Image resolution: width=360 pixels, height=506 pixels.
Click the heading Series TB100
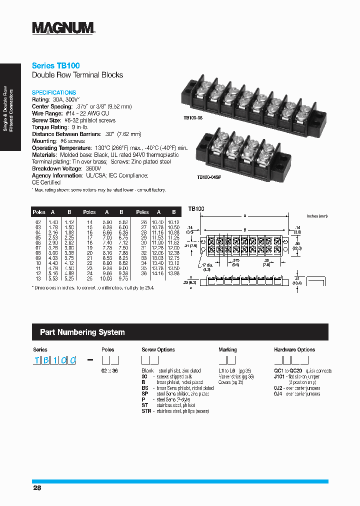(x=55, y=65)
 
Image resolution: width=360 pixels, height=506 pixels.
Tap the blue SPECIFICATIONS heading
(x=54, y=92)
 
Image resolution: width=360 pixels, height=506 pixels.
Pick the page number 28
(x=36, y=487)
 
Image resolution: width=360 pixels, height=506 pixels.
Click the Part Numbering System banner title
(x=82, y=332)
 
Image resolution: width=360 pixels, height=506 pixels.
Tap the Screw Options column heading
(x=158, y=349)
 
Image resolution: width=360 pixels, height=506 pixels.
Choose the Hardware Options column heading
(x=294, y=349)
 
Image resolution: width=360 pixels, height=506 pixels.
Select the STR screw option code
(x=146, y=411)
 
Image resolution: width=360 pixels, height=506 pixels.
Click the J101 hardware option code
(x=279, y=376)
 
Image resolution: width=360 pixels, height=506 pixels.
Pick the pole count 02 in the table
(x=38, y=222)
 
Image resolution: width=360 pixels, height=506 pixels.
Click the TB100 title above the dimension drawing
(x=196, y=208)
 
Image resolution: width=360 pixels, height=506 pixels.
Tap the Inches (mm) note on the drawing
(x=316, y=216)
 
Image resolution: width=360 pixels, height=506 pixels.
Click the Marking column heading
(x=227, y=349)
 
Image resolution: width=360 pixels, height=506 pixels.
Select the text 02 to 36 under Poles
(x=109, y=370)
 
